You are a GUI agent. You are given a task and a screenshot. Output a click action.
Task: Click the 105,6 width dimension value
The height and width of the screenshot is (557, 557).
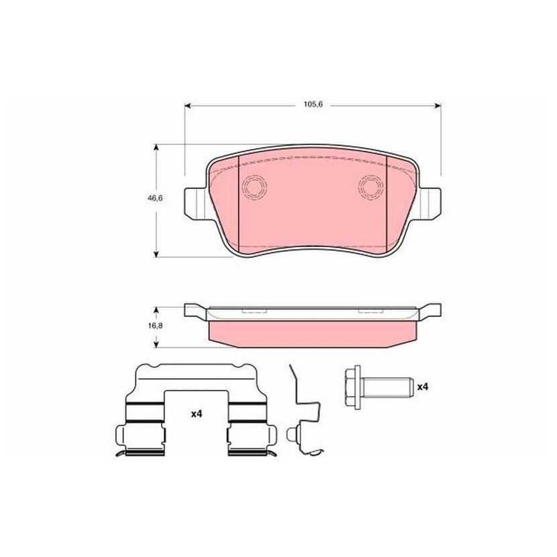click(x=313, y=105)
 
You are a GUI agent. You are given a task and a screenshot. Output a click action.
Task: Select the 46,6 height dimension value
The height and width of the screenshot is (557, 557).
click(x=155, y=198)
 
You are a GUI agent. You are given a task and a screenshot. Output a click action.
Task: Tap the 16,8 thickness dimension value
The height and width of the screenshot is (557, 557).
click(x=155, y=325)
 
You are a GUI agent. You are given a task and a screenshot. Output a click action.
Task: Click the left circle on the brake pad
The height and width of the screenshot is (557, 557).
click(x=254, y=187)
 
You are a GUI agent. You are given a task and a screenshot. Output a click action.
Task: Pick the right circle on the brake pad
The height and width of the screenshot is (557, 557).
click(x=371, y=187)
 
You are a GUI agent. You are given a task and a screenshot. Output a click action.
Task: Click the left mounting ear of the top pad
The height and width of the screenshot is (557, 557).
click(x=195, y=203)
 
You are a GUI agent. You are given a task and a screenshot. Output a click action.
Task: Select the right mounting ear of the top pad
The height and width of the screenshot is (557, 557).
click(x=429, y=203)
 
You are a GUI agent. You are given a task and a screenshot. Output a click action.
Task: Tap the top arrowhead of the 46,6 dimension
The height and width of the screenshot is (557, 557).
click(x=156, y=148)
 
